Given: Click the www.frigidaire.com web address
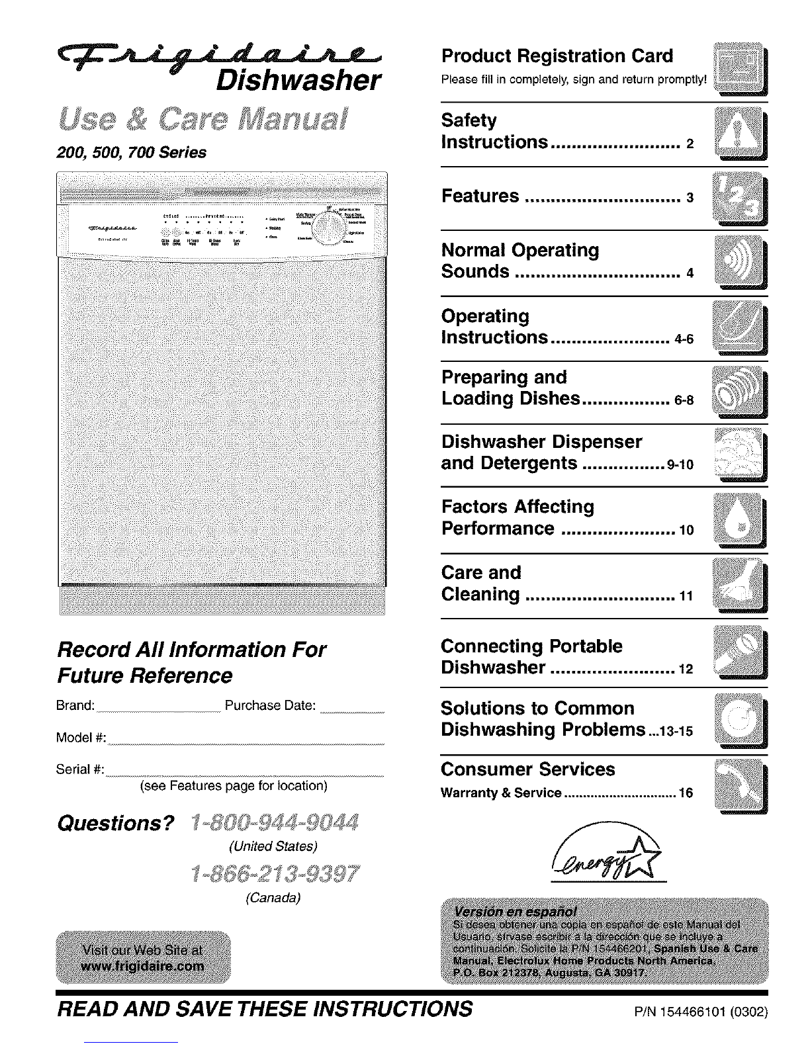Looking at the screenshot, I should point(143,967).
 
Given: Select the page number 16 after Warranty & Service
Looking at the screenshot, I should point(686,793).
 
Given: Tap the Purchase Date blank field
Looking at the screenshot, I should point(352,709).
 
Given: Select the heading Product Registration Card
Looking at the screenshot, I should point(557,56).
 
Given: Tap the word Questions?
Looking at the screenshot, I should point(116,824).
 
